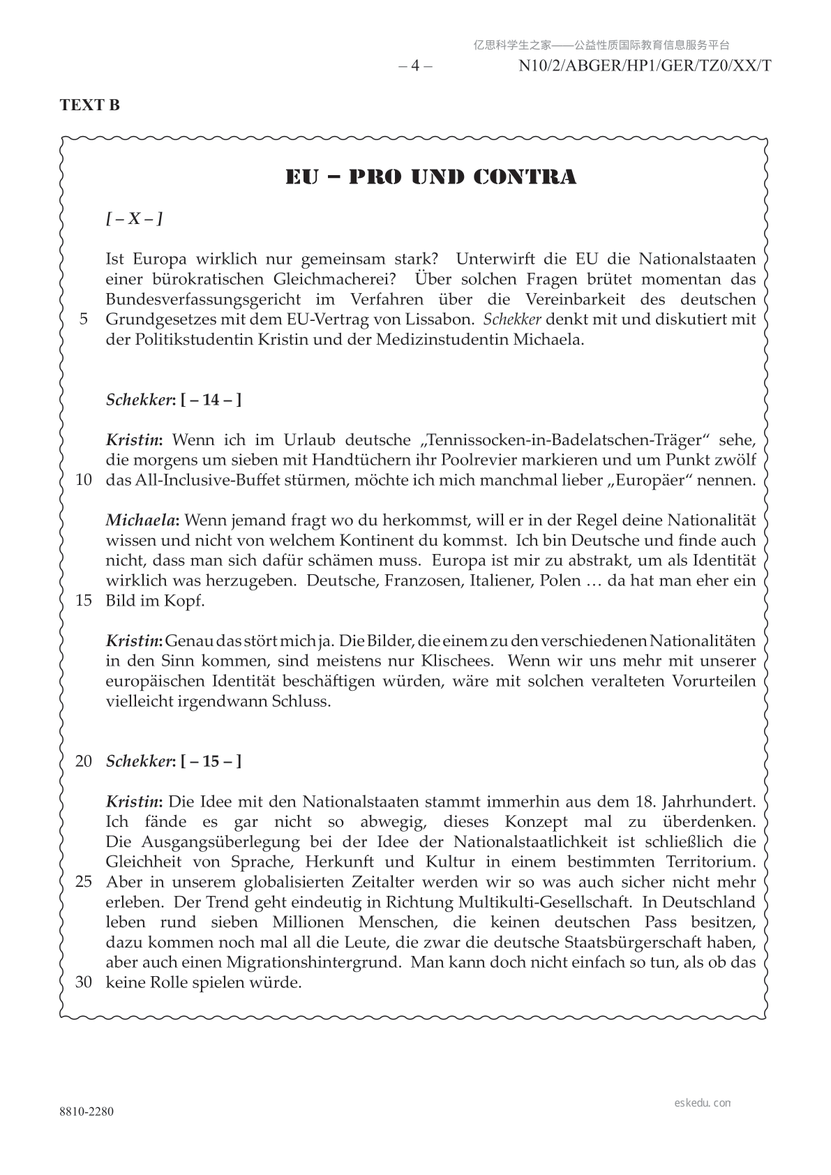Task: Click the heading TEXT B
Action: coord(90,105)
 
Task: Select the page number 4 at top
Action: coord(415,66)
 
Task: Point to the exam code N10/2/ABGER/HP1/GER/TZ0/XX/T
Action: coord(645,66)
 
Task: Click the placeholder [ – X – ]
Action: coord(134,219)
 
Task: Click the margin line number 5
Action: coord(84,320)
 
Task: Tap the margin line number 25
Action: coord(84,881)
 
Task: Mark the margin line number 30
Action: coord(84,982)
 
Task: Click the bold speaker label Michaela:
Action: coord(142,520)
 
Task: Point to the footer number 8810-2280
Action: coord(87,1112)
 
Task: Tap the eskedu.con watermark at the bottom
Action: coord(703,1103)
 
